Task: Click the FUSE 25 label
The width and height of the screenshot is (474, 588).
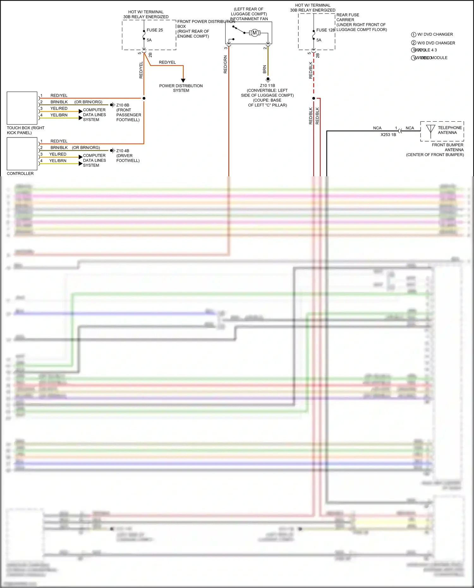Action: click(155, 30)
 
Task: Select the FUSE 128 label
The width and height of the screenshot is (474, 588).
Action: click(325, 30)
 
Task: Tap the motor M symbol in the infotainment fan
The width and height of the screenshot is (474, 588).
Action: click(254, 33)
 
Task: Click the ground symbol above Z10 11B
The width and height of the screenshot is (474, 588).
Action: click(268, 80)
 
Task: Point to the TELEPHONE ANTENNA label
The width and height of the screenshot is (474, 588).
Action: click(449, 130)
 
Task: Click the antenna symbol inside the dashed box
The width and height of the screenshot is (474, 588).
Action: click(430, 130)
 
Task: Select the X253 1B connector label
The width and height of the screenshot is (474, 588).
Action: click(388, 135)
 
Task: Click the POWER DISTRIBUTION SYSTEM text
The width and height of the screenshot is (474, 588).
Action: click(181, 88)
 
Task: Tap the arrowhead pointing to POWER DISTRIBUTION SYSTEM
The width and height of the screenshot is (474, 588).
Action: click(183, 81)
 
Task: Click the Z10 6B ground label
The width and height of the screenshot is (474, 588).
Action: click(123, 105)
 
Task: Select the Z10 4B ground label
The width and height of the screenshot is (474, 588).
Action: click(123, 151)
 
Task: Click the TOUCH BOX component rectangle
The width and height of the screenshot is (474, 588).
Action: click(22, 108)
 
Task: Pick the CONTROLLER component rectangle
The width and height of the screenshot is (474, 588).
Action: click(22, 154)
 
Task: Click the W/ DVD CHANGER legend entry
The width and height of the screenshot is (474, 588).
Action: click(435, 34)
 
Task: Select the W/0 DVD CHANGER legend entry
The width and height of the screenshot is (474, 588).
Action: click(436, 43)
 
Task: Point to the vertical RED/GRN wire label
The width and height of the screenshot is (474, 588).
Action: click(225, 64)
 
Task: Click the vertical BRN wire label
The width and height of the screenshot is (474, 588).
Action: click(264, 70)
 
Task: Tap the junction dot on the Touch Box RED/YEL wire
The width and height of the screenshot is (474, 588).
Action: click(144, 98)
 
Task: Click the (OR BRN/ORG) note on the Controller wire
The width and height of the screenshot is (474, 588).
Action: click(86, 148)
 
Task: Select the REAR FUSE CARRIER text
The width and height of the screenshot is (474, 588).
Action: click(348, 17)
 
